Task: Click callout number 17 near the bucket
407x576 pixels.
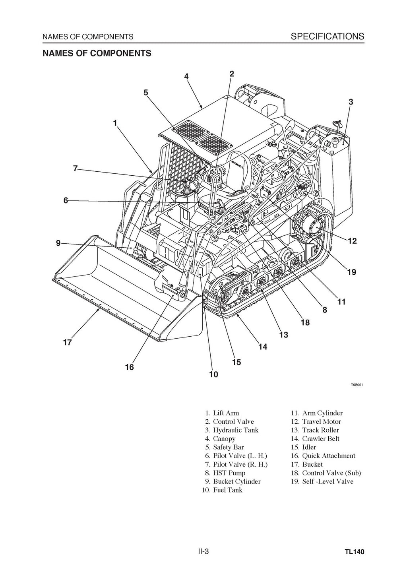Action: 67,342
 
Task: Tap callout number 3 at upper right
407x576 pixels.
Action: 351,102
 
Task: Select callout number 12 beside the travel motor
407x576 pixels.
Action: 352,241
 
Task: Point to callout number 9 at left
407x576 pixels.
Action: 58,243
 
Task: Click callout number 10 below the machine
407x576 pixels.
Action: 213,374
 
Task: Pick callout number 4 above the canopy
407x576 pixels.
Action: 186,76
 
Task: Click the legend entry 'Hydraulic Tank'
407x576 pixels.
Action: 235,430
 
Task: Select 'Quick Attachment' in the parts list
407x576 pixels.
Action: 328,456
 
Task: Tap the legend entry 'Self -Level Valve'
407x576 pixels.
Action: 328,481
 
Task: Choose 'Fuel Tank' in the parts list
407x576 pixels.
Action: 227,490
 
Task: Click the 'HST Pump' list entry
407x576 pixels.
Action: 229,473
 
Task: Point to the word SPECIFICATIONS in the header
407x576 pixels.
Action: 327,37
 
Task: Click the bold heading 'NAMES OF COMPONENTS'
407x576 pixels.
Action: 97,53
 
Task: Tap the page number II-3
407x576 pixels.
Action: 203,551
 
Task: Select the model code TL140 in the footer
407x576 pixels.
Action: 355,552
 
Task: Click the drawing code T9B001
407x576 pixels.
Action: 357,385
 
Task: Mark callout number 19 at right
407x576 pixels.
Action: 351,272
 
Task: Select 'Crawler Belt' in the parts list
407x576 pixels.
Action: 320,438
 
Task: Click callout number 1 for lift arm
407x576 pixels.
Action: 115,123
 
